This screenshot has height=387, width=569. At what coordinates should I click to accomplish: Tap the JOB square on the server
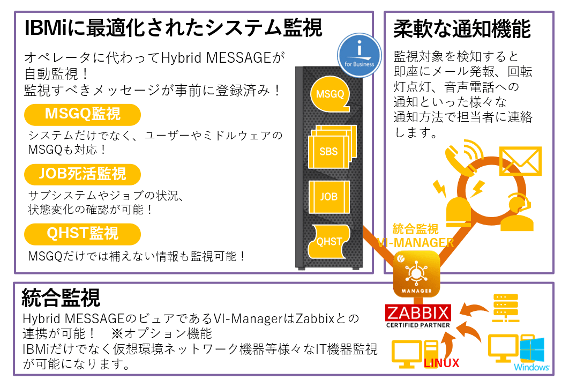tap(329, 197)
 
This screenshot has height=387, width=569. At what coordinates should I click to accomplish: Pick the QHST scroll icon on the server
tap(330, 242)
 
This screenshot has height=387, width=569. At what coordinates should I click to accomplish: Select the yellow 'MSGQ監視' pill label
tap(83, 114)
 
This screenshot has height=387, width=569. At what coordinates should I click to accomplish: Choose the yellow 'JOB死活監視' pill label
tap(83, 174)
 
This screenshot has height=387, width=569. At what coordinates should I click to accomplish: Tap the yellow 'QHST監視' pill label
tap(83, 234)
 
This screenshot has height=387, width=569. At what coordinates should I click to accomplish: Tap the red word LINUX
tap(441, 363)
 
